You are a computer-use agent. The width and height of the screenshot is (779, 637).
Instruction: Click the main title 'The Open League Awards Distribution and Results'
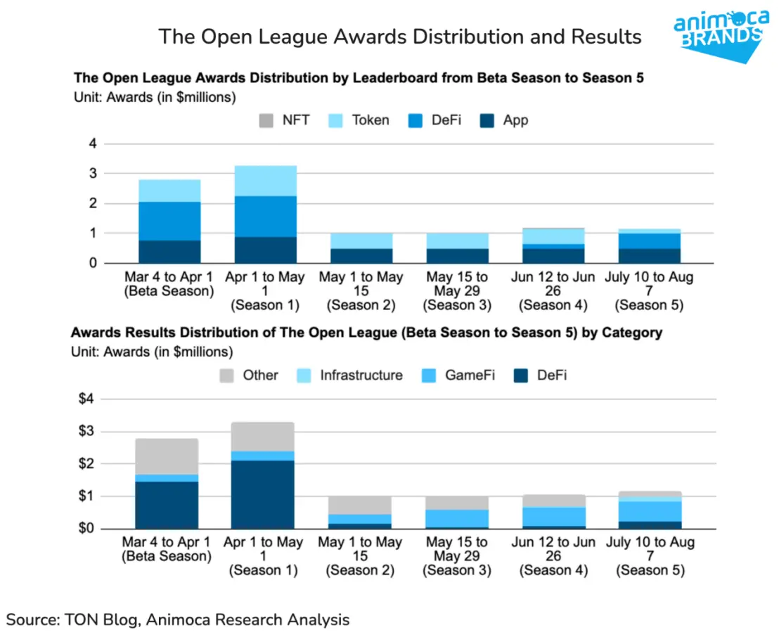click(399, 37)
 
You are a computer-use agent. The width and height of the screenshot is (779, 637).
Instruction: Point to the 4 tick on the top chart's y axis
click(90, 144)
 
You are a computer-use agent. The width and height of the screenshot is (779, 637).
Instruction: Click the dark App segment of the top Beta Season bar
click(169, 252)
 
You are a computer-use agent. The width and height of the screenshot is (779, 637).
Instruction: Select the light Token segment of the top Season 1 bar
click(265, 181)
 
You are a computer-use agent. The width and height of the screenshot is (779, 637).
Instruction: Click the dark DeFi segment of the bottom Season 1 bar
click(262, 494)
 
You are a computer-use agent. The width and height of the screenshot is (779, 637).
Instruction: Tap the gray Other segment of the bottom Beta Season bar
click(167, 456)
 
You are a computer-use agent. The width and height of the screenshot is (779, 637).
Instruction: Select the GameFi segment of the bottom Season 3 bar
click(456, 518)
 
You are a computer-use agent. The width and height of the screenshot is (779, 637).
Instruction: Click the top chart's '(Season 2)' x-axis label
click(361, 306)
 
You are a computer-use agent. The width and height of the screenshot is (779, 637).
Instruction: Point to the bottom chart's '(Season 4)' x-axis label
click(554, 570)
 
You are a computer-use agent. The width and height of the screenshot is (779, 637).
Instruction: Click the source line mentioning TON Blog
click(178, 619)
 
